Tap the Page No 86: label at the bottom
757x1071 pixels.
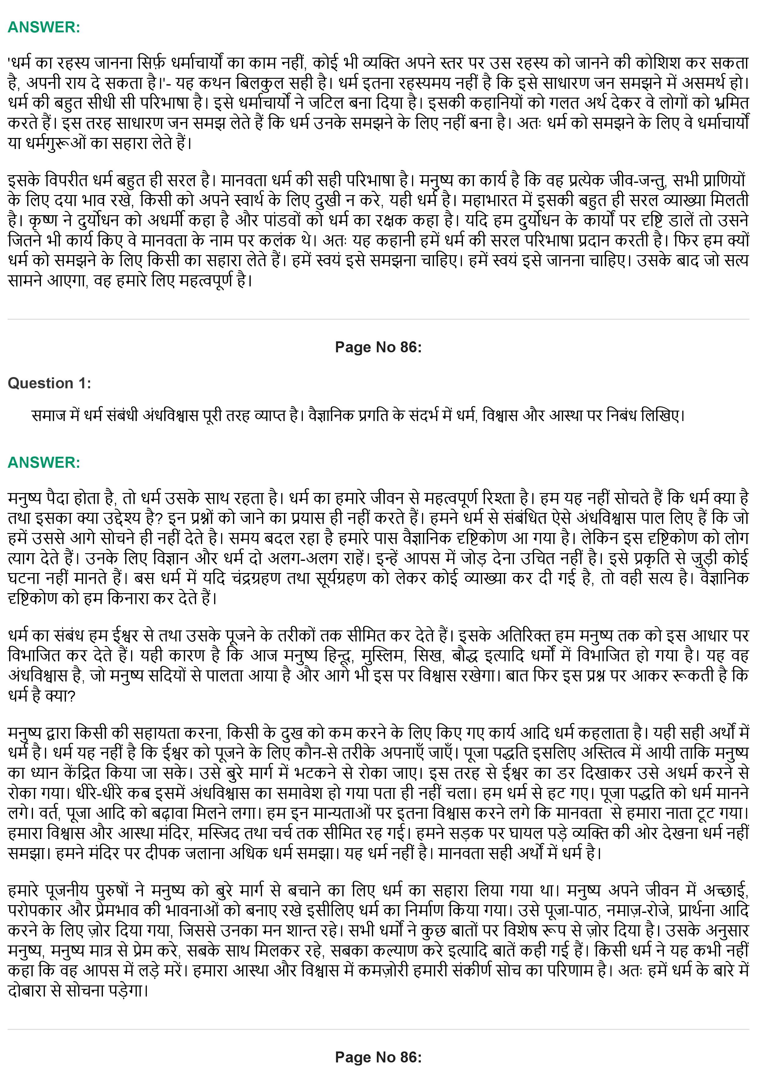[378, 1057]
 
